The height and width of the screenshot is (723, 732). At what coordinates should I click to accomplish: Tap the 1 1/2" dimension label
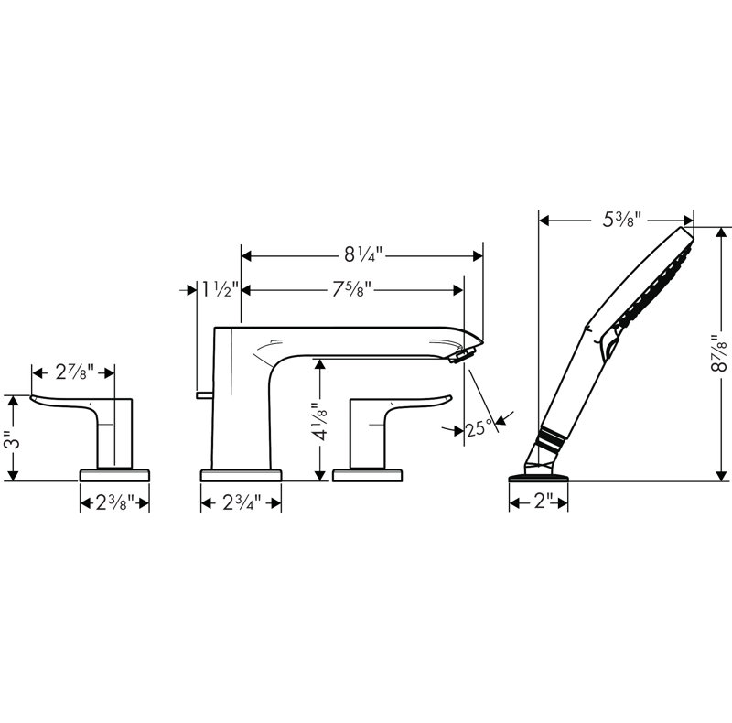tap(221, 291)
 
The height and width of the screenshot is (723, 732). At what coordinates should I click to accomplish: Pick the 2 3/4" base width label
tap(240, 502)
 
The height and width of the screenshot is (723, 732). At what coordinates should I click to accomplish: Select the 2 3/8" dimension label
tap(114, 502)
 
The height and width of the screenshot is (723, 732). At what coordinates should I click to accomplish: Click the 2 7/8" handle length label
tap(74, 372)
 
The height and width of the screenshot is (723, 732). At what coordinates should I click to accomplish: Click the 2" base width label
tap(538, 502)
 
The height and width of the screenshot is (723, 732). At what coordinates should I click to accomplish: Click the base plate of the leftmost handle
tap(114, 474)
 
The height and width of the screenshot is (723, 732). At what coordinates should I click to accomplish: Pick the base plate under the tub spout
tap(240, 474)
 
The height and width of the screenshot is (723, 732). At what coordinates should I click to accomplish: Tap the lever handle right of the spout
tap(412, 400)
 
